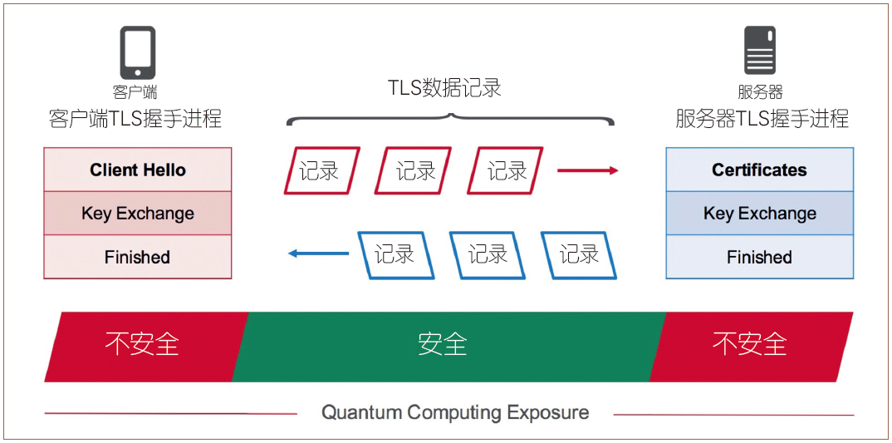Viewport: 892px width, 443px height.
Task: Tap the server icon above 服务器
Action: [x=760, y=51]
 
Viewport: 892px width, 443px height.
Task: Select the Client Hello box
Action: [x=137, y=170]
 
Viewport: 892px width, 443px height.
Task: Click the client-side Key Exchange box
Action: [x=137, y=214]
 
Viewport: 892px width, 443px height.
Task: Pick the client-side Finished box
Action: [x=137, y=257]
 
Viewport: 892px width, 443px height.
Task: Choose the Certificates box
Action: [x=759, y=170]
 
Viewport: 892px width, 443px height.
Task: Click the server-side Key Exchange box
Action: [x=759, y=214]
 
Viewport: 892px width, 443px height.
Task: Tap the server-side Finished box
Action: [x=759, y=257]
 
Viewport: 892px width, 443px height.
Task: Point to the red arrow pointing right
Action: [x=587, y=170]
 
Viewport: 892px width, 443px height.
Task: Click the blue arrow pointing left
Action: [x=318, y=253]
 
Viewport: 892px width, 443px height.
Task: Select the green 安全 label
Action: [x=443, y=344]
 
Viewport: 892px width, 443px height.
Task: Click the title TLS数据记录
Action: [x=445, y=87]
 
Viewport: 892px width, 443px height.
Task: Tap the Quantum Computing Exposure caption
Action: [x=455, y=412]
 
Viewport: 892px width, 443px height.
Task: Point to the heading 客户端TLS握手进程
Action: [x=135, y=118]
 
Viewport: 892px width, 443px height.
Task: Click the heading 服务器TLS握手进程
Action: [x=762, y=118]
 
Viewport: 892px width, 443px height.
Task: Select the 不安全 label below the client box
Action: [x=142, y=344]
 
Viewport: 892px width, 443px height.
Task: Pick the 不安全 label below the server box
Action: [x=750, y=344]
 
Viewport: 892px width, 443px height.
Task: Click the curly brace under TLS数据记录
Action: [x=451, y=118]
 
